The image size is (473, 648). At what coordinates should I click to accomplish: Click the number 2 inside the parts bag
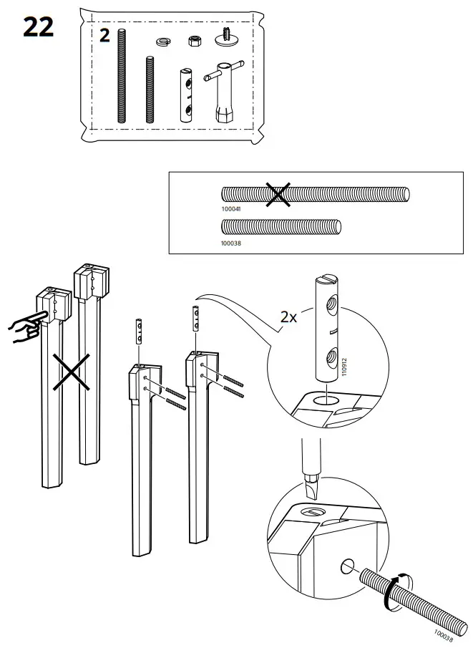(104, 36)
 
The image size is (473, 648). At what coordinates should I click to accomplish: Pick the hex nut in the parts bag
(194, 40)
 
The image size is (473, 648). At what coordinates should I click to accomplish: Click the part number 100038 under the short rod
(233, 243)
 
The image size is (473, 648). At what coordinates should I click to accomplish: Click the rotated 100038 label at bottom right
(444, 634)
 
